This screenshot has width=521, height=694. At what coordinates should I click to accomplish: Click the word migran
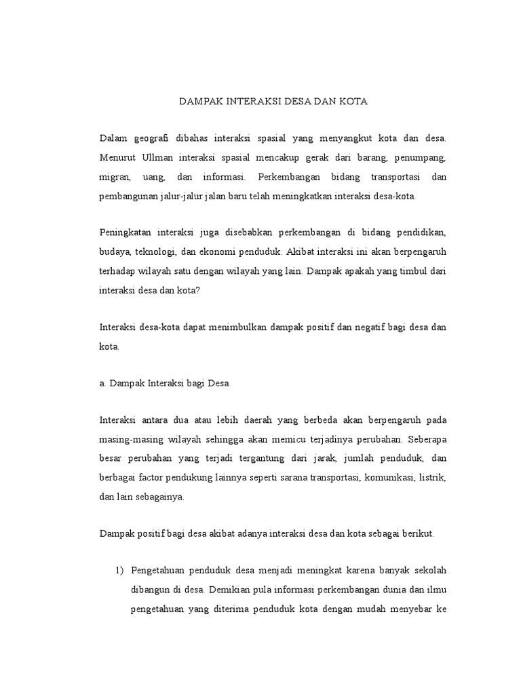coord(113,177)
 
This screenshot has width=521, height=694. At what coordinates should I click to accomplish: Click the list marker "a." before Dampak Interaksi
coord(103,383)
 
